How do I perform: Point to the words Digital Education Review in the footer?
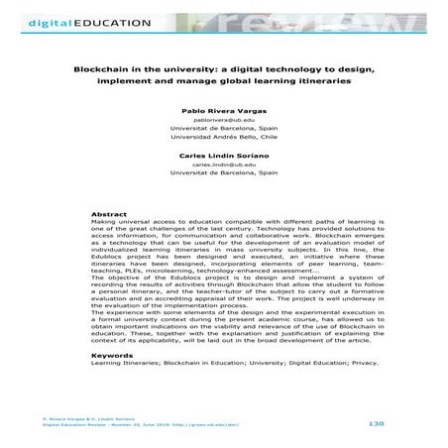(50, 428)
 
